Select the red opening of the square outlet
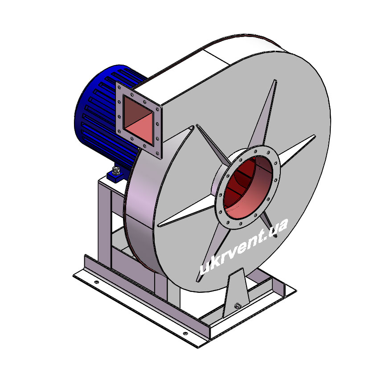coord(138,120)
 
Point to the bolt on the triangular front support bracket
coord(238,305)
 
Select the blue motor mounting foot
coord(115,175)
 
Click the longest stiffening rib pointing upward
coord(264,115)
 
